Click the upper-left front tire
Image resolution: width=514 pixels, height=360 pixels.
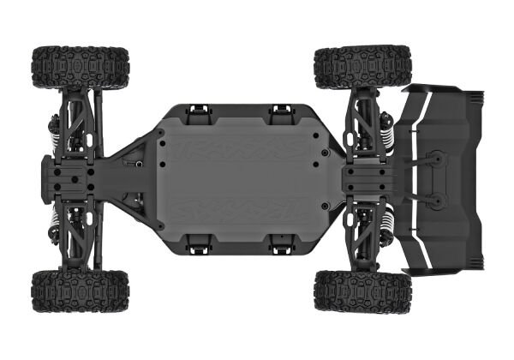81,67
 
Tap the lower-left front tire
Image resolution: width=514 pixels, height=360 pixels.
81,292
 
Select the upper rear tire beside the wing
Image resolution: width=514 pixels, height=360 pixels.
362,68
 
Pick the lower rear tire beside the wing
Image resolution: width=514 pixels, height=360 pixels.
362,291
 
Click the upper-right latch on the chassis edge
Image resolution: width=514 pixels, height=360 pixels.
280,111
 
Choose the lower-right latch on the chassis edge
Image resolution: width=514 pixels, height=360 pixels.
280,246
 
